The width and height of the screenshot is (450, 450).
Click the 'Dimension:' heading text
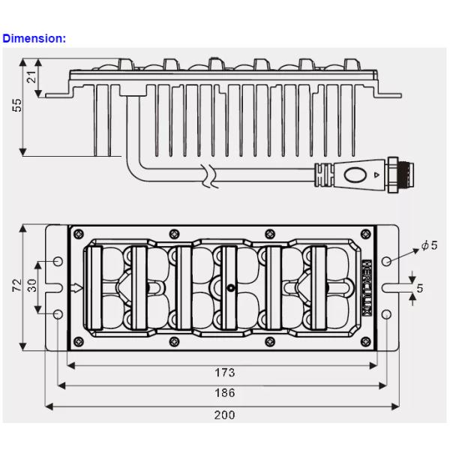click(34, 38)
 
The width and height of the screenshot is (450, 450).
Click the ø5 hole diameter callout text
click(429, 245)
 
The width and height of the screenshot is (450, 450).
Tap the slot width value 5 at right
click(420, 287)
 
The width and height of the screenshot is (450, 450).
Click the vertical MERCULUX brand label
click(367, 287)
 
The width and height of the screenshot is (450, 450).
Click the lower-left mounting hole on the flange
click(59, 313)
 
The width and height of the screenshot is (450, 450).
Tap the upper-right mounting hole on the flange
click(386, 261)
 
